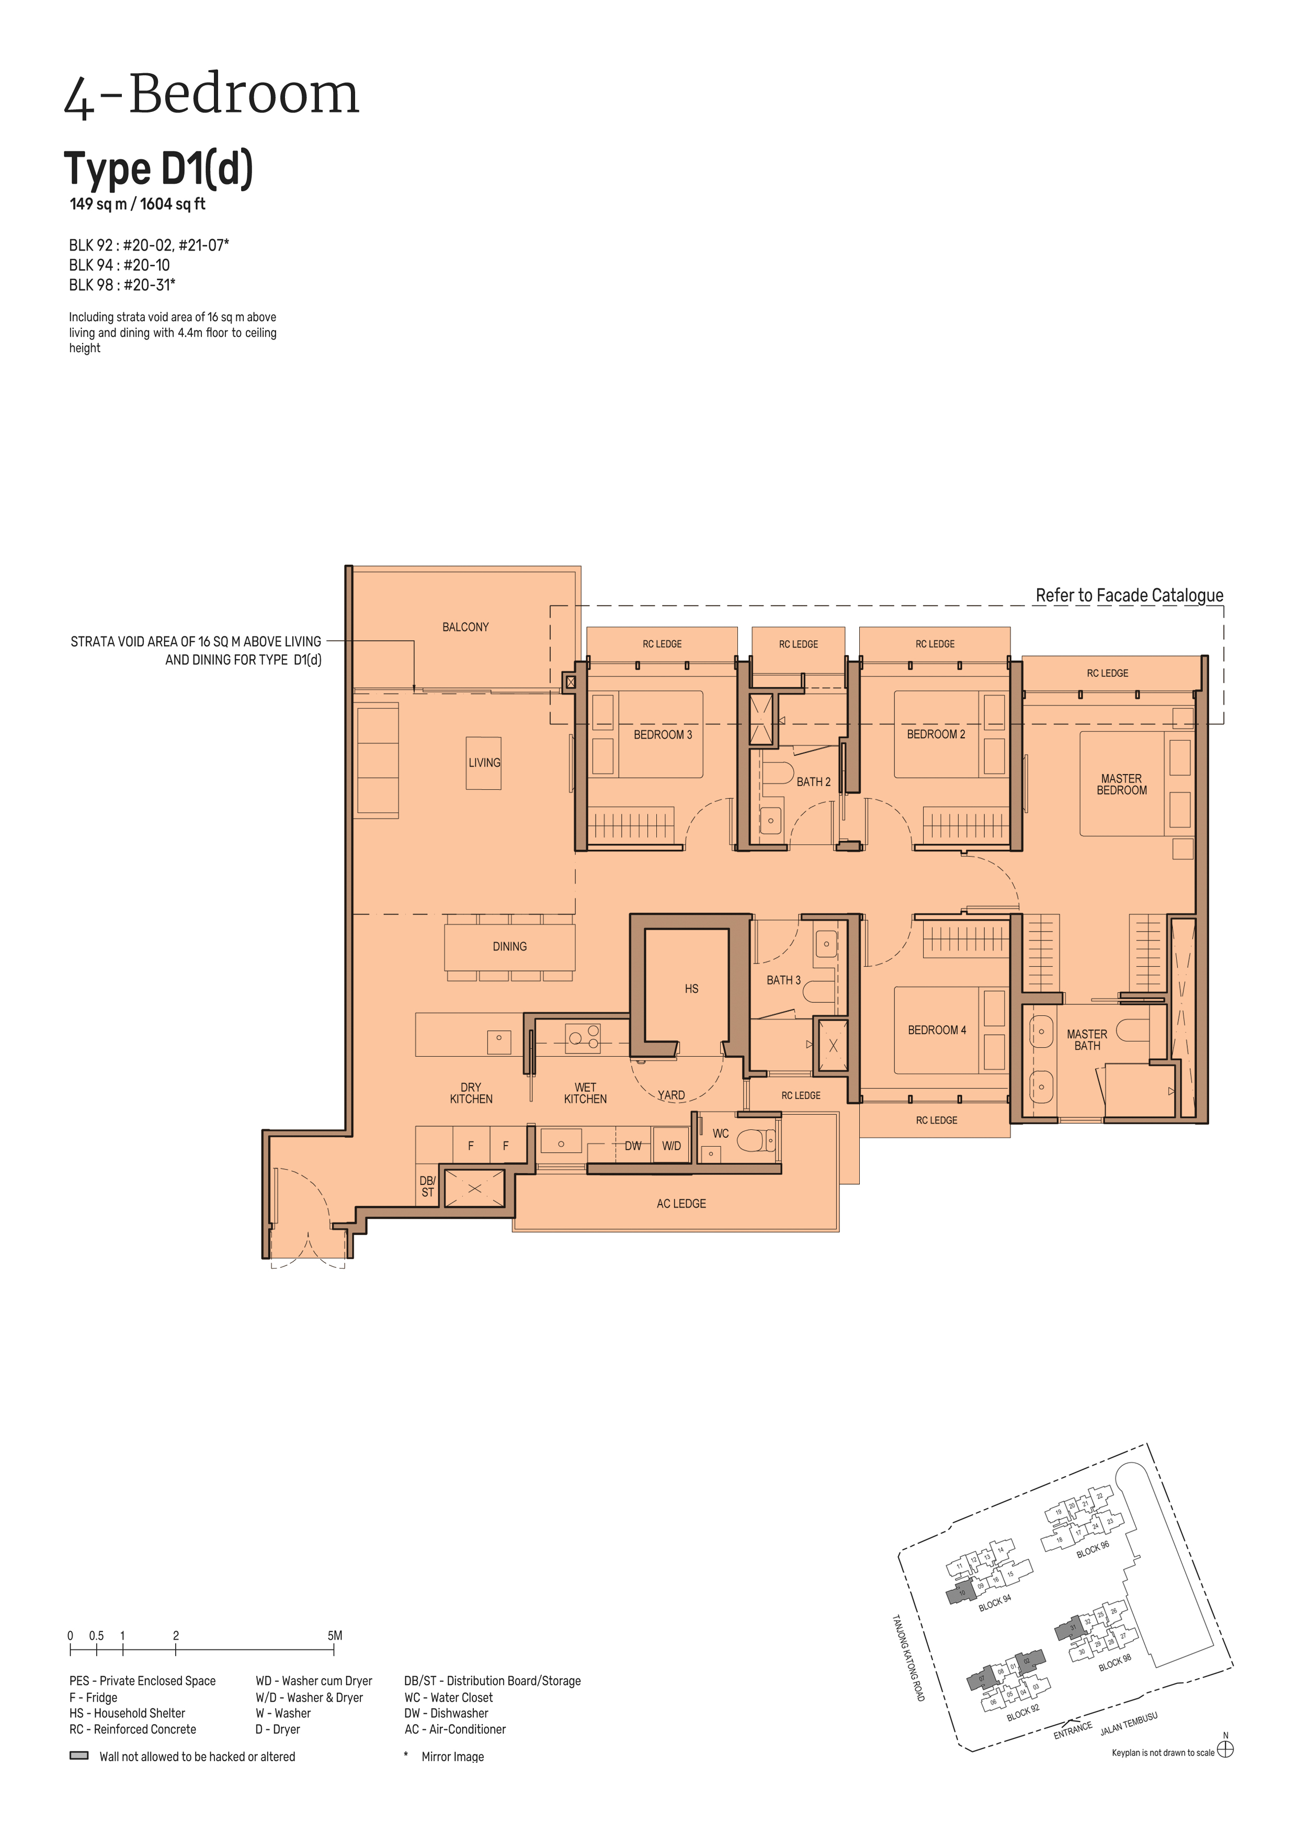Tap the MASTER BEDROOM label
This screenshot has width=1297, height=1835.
coord(1121,784)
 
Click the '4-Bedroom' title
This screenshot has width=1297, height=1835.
coord(212,95)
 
